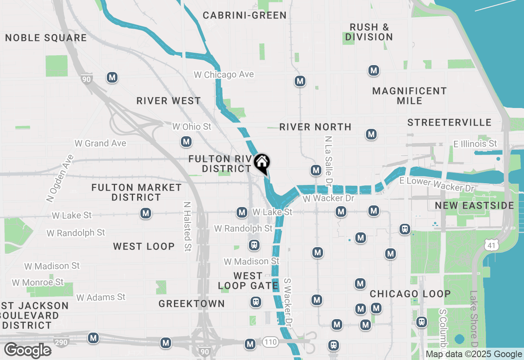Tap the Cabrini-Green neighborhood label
pyautogui.click(x=245, y=16)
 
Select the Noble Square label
pyautogui.click(x=46, y=38)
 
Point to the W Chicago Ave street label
pyautogui.click(x=224, y=75)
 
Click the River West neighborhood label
pyautogui.click(x=169, y=101)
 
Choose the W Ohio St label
pyautogui.click(x=192, y=127)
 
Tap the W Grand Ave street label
pyautogui.click(x=100, y=143)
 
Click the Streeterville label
pyautogui.click(x=449, y=122)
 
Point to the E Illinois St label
pyautogui.click(x=475, y=144)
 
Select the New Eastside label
pyautogui.click(x=474, y=205)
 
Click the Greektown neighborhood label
pyautogui.click(x=192, y=304)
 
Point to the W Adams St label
pyautogui.click(x=101, y=297)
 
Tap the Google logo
pyautogui.click(x=27, y=351)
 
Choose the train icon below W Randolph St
pyautogui.click(x=254, y=245)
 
